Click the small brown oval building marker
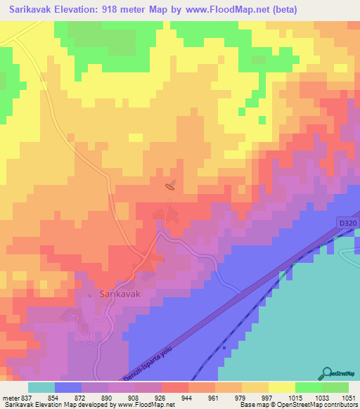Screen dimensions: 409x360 click(170, 186)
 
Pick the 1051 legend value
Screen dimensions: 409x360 click(349, 397)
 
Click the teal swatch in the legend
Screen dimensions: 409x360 click(41, 387)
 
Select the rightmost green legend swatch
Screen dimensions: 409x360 click(335, 387)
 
